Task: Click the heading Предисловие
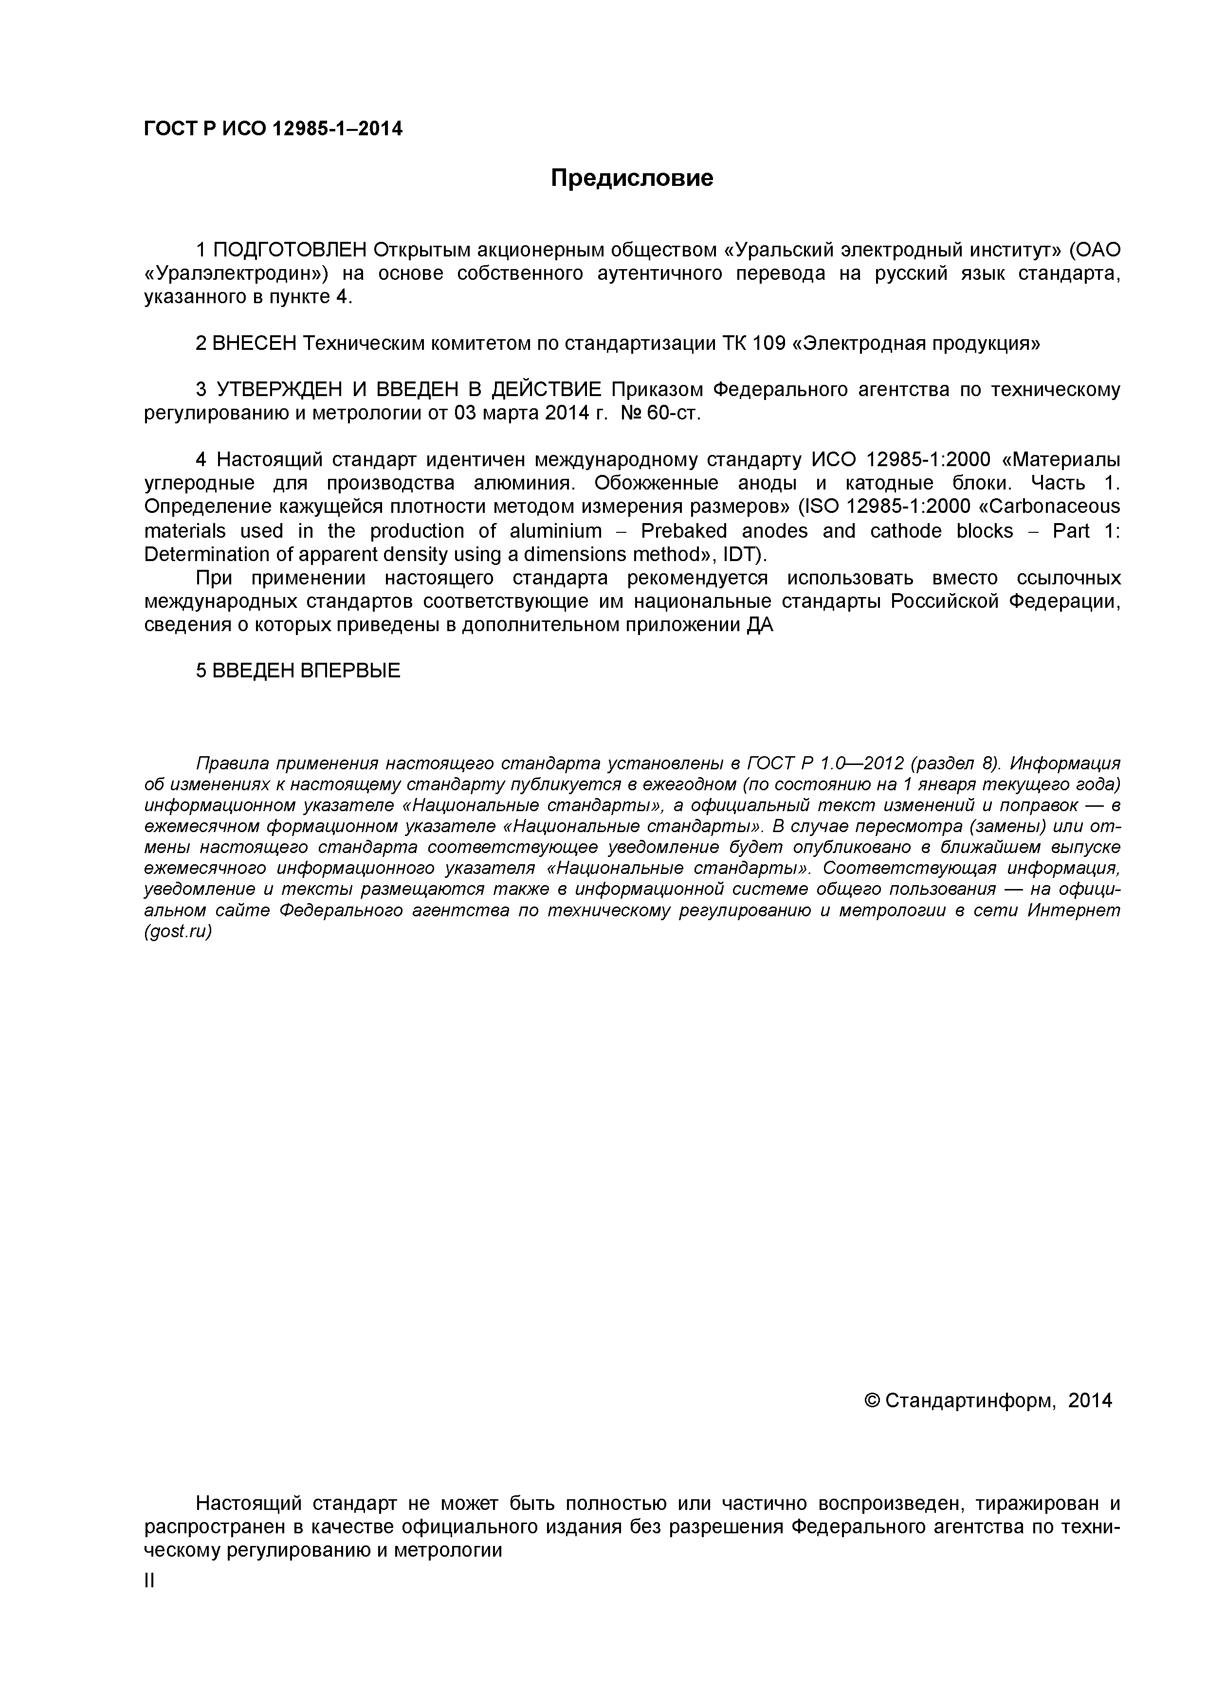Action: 631,179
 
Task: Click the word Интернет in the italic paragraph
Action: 1073,911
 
